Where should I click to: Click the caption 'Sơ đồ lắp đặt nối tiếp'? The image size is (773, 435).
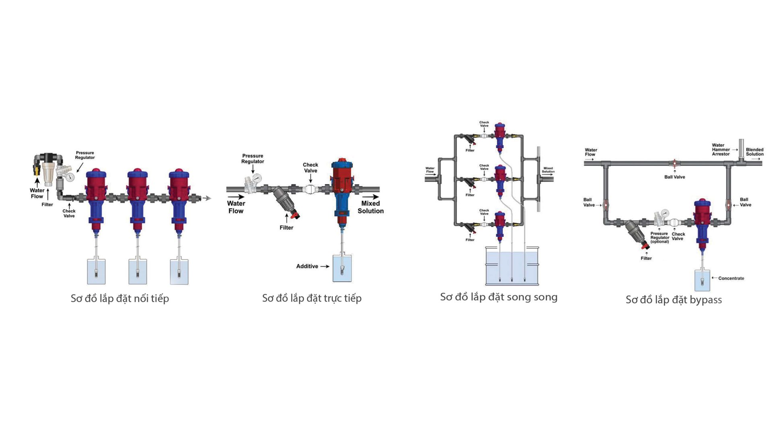coord(120,298)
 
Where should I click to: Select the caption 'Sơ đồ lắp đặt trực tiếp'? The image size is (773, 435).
coord(312,298)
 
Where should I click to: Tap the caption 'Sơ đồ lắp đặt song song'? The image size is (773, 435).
coord(498,297)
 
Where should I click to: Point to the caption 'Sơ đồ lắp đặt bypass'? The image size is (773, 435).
coord(674,300)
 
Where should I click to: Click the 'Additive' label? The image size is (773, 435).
coord(307,266)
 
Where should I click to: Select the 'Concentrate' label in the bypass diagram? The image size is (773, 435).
coord(731,278)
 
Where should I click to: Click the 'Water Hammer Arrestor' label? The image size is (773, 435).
coord(720,149)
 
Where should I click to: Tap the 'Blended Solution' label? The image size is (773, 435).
coord(754,152)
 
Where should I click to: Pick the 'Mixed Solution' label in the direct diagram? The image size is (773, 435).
coord(370,207)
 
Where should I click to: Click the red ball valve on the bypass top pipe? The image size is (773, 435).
coord(675,164)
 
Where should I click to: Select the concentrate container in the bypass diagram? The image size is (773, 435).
coord(703,280)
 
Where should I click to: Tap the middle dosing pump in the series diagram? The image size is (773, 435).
coord(138,197)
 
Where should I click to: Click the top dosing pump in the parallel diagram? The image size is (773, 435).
coord(500,135)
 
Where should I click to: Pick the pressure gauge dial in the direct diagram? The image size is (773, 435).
coord(256,177)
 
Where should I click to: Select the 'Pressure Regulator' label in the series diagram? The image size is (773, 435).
coord(85,155)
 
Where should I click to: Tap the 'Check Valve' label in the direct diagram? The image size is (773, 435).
coord(310,168)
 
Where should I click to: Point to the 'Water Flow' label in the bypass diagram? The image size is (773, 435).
coord(591,152)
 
